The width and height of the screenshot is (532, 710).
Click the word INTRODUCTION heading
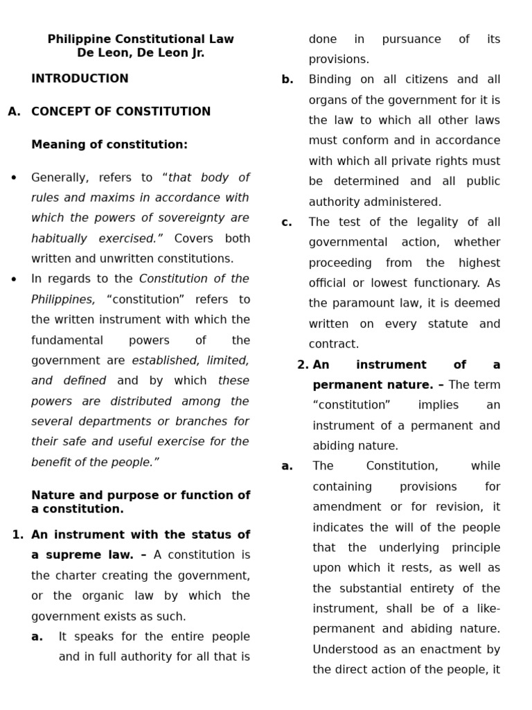tap(80, 78)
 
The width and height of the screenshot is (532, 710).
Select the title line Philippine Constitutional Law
tap(141, 39)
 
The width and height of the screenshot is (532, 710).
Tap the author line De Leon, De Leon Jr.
tap(141, 53)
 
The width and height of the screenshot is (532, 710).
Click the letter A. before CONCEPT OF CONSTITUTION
tap(15, 112)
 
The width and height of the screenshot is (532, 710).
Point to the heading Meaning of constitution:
tap(109, 145)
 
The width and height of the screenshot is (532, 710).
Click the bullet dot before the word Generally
tap(14, 178)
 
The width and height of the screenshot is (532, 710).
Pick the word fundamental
tap(67, 340)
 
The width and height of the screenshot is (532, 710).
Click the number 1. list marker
tap(18, 535)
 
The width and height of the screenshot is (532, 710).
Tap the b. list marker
tap(287, 80)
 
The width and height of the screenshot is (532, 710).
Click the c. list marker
tap(287, 223)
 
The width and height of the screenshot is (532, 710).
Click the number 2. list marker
tap(303, 365)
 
